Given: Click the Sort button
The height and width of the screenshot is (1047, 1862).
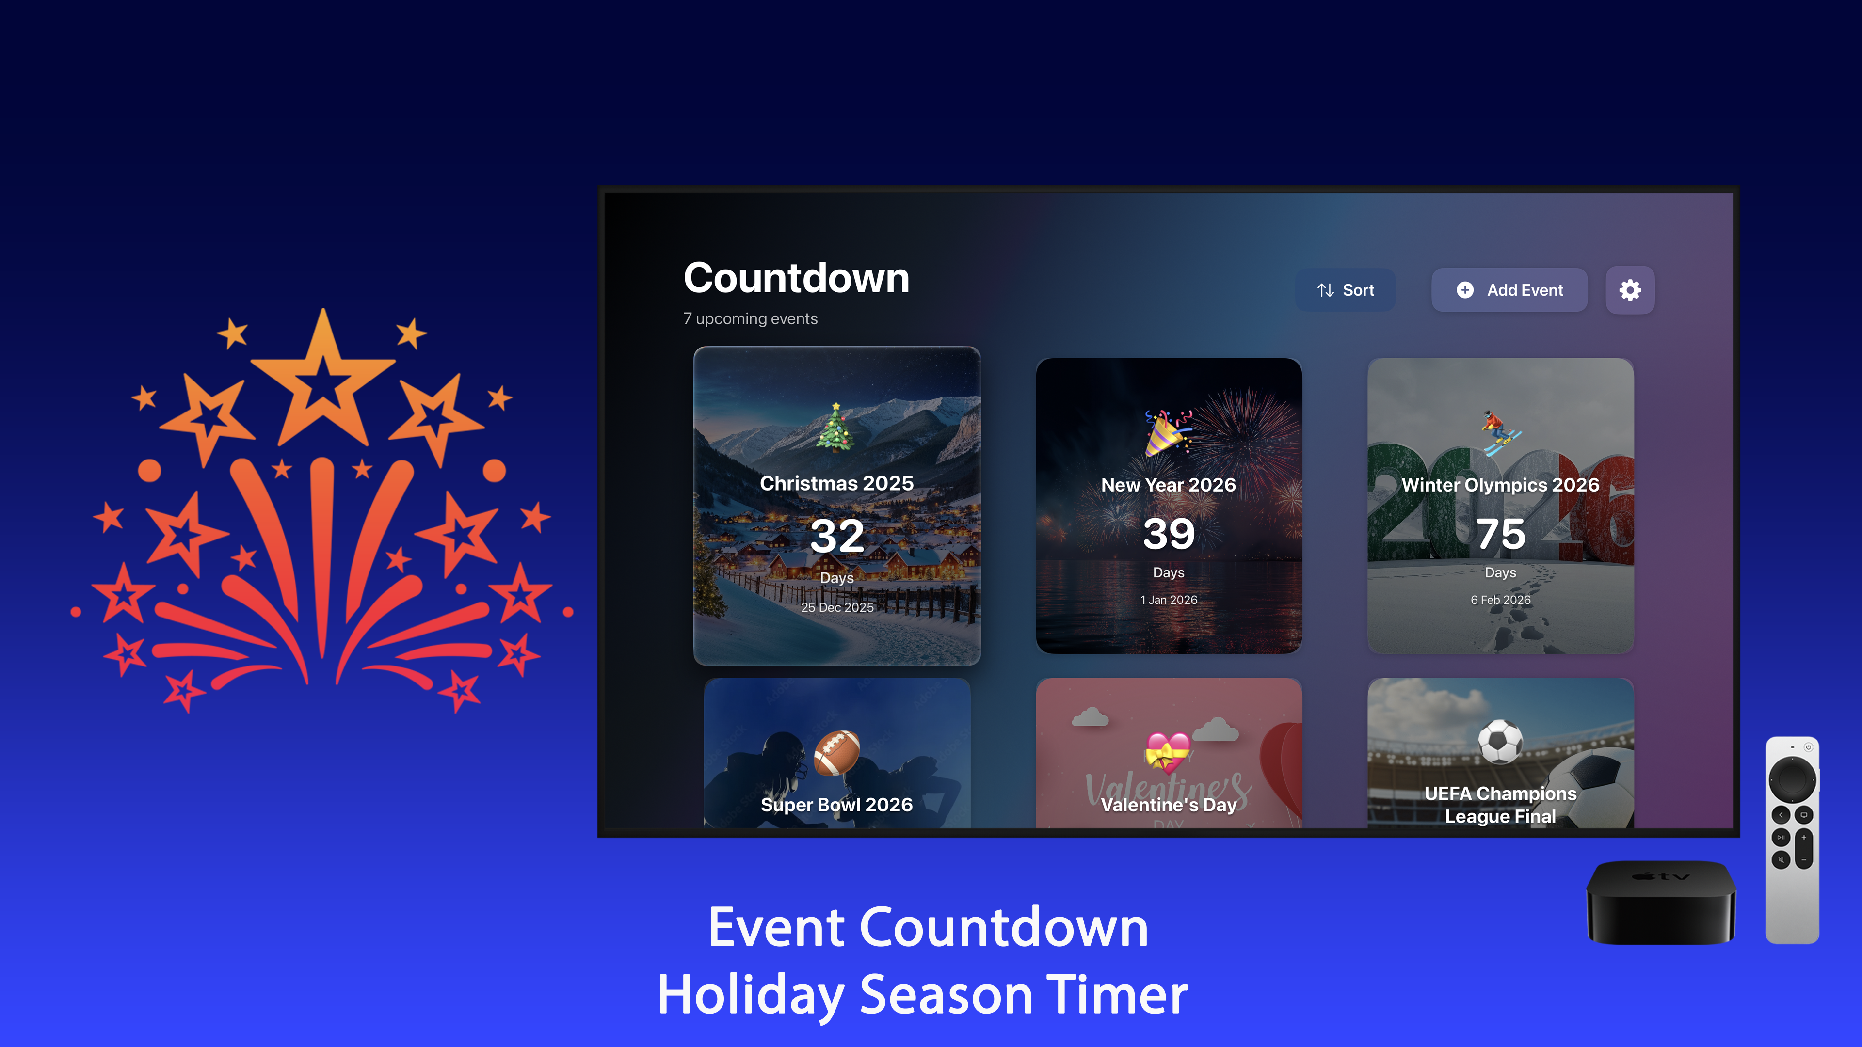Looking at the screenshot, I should coord(1345,290).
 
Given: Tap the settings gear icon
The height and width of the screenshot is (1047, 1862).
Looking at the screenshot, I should coord(1629,290).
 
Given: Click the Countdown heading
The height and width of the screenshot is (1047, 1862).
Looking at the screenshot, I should coord(796,278).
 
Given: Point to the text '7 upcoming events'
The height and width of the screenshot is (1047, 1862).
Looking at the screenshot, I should coord(750,318).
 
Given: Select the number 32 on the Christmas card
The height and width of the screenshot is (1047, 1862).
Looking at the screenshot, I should coord(836,536).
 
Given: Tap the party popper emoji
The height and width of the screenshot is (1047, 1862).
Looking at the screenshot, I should coord(1167,432).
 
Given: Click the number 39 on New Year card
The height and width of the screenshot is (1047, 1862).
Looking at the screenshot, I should coord(1168,534).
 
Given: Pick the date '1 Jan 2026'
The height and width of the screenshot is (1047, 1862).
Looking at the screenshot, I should coord(1168,600).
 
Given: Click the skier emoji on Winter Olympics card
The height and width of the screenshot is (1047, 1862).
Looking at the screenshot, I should coord(1499,432).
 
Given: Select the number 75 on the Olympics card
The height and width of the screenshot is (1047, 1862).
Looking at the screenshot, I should coord(1500,534).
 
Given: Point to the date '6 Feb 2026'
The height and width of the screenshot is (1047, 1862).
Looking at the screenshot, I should coord(1500,600).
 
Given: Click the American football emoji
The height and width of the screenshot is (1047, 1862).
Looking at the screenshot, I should coord(836,752).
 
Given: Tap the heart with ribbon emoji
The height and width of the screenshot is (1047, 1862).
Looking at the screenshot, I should coord(1167,751).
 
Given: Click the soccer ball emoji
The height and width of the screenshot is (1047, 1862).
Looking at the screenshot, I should coord(1500,742).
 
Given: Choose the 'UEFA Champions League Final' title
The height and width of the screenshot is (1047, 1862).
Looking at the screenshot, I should coord(1500,804).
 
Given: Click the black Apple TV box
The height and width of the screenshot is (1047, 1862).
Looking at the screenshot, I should coord(1660,903).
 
